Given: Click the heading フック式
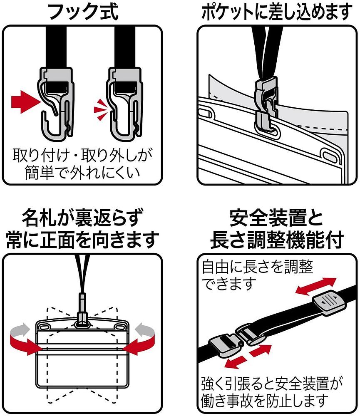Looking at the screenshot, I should pos(83,12).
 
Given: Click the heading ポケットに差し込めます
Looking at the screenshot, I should pos(276,12).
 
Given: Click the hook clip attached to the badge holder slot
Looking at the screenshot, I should pos(264,106).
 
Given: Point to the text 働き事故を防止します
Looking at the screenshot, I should pos(264,400).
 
